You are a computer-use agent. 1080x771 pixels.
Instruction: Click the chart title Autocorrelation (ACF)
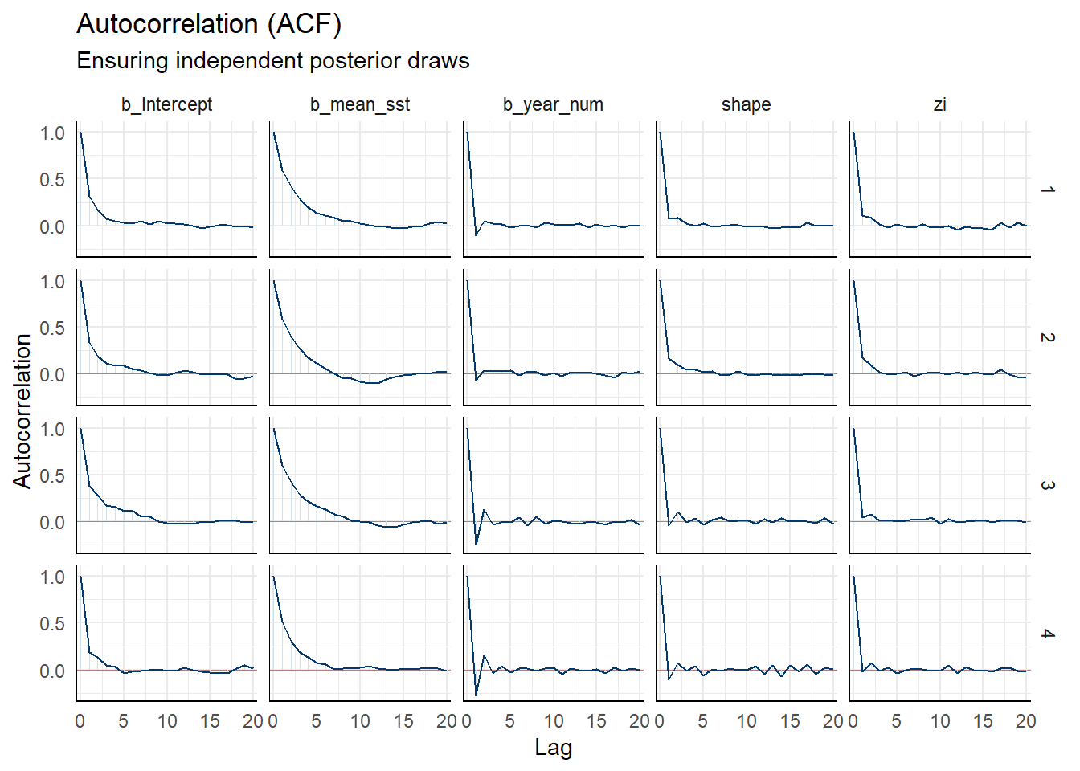tap(209, 24)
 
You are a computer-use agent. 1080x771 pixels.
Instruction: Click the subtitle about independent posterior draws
tap(272, 61)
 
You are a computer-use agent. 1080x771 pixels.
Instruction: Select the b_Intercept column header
tap(166, 104)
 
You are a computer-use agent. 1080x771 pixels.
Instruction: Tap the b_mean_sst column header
tap(360, 104)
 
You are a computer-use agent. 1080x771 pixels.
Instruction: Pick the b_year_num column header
tap(553, 104)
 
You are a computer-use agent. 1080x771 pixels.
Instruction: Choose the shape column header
tap(746, 104)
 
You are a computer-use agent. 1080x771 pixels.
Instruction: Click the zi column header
tap(939, 104)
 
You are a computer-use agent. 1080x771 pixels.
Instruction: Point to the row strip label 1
tap(1047, 190)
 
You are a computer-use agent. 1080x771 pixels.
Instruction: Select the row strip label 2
tap(1047, 337)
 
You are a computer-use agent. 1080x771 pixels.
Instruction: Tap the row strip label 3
tap(1047, 485)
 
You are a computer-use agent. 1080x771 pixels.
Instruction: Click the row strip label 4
tap(1047, 634)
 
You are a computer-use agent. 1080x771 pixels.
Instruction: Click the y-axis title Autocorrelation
tap(22, 411)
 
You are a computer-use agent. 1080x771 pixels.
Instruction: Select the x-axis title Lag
tap(553, 748)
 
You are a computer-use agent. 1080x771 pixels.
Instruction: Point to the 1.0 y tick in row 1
tap(52, 133)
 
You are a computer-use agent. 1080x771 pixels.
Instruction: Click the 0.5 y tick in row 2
tap(52, 328)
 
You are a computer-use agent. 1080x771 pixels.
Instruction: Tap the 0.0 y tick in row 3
tap(52, 523)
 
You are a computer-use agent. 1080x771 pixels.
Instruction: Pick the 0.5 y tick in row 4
tap(52, 624)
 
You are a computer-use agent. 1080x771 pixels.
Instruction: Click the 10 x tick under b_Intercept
tap(167, 721)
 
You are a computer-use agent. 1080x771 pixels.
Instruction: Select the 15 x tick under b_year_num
tap(596, 721)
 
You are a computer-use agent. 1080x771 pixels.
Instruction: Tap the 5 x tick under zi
tap(896, 721)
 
